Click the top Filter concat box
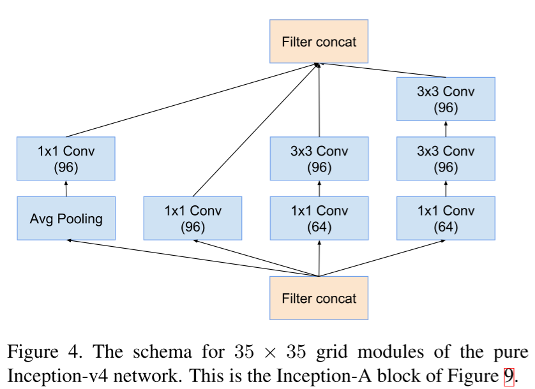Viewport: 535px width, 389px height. click(x=319, y=42)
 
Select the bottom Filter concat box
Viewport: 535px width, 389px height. click(x=319, y=298)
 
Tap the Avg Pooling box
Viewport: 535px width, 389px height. click(x=66, y=218)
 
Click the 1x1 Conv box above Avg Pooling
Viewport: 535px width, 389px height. click(x=66, y=158)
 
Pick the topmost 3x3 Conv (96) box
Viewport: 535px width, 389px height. click(x=446, y=99)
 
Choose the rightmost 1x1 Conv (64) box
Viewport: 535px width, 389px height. click(x=446, y=218)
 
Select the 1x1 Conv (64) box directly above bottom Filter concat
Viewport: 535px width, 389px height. click(x=319, y=218)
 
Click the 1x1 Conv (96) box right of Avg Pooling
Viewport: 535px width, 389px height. click(x=193, y=218)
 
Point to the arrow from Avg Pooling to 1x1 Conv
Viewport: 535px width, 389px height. click(x=66, y=188)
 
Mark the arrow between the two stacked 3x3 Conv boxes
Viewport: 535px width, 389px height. click(x=446, y=128)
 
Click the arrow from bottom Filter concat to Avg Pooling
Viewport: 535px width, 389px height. click(x=192, y=258)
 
